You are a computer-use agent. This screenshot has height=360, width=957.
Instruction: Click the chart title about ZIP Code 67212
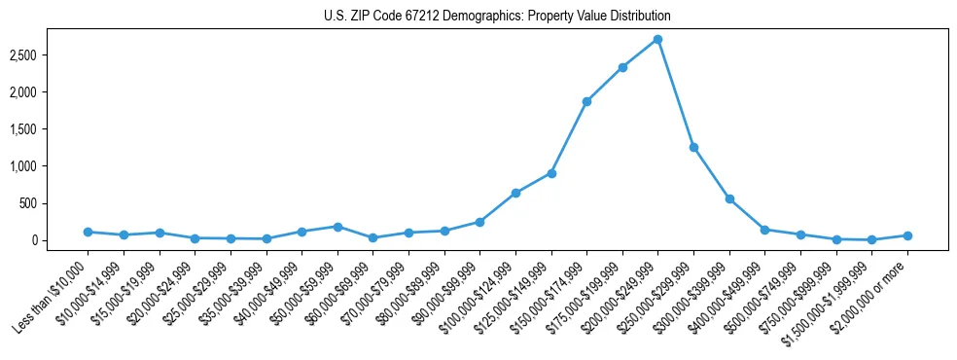[497, 17]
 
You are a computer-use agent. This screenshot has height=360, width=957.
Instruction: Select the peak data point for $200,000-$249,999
[657, 40]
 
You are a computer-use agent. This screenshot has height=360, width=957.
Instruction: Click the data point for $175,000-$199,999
[622, 67]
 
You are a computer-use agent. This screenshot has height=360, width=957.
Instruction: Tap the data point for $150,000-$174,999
[586, 101]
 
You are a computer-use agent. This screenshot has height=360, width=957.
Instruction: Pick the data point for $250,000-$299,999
[693, 147]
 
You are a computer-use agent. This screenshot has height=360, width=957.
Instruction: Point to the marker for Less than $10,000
[88, 232]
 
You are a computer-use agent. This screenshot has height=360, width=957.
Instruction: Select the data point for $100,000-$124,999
[515, 193]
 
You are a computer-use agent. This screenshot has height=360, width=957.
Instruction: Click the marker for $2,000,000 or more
[907, 235]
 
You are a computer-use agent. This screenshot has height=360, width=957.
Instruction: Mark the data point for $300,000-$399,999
[729, 198]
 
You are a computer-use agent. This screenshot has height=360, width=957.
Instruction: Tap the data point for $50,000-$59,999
[337, 227]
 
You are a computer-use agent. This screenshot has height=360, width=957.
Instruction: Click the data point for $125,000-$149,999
[551, 173]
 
